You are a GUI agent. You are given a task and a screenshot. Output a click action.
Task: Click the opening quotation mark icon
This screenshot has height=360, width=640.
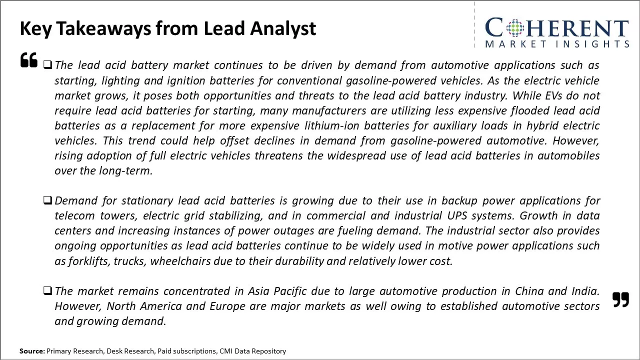point(29,60)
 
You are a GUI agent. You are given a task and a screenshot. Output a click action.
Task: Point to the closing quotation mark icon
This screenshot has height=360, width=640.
point(620,299)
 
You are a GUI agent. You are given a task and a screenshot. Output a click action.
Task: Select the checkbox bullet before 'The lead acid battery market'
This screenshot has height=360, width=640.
point(47,65)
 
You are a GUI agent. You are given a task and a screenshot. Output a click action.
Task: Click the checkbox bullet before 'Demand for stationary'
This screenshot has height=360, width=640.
point(47,200)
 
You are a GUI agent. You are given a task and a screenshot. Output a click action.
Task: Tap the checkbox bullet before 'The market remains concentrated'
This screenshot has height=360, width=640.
point(47,291)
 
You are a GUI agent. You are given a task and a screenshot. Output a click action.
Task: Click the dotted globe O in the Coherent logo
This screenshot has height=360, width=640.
point(515,28)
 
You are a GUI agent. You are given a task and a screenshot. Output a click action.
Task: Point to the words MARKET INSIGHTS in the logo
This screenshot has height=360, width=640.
point(556,44)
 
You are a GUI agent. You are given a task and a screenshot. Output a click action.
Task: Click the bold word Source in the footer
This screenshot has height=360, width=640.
point(32,351)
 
